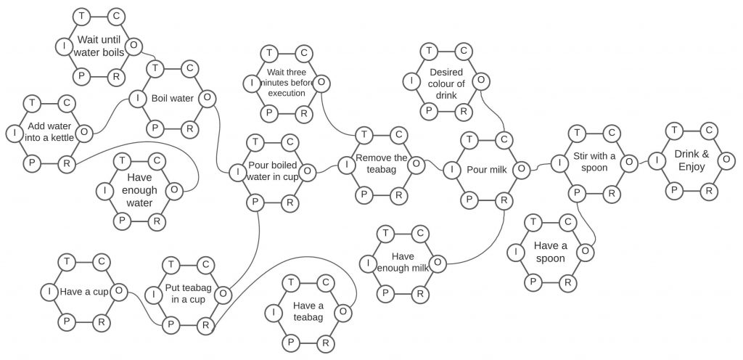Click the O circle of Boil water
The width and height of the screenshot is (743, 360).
[x=207, y=99]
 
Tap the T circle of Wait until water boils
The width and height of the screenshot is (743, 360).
[x=81, y=17]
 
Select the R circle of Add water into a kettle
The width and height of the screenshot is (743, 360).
[x=67, y=164]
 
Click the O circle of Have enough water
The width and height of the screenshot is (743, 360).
[x=174, y=191]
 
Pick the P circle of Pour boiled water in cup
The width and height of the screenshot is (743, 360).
[x=255, y=202]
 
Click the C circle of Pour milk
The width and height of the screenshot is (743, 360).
[x=504, y=139]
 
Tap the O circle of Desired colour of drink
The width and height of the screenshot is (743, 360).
[x=481, y=81]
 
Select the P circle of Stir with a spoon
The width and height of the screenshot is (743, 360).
[x=577, y=193]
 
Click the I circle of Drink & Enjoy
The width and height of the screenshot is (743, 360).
[x=657, y=160]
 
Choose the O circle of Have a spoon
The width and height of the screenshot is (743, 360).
[x=586, y=251]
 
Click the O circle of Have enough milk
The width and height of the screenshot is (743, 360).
[x=438, y=263]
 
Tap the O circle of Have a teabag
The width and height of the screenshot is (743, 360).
[x=343, y=312]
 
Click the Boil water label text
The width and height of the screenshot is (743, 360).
[x=173, y=99]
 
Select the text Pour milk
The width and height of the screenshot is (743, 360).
[x=487, y=169]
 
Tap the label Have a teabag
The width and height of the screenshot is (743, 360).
[x=308, y=311]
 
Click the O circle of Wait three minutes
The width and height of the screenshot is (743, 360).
[x=321, y=83]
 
